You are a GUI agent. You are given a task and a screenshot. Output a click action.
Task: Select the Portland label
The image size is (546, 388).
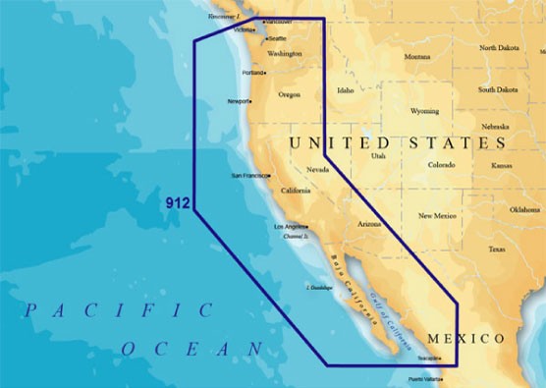(252, 73)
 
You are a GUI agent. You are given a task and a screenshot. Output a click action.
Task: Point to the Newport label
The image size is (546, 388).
(239, 101)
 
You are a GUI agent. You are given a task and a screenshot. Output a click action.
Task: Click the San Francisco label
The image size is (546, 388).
(248, 175)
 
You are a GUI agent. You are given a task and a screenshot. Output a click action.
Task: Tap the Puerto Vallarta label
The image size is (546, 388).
(426, 379)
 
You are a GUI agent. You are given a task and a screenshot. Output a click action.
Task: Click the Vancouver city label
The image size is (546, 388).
(280, 21)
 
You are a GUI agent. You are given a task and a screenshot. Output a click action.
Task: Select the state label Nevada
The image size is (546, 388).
(317, 170)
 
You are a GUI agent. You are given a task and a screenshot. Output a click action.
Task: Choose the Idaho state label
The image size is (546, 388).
(345, 90)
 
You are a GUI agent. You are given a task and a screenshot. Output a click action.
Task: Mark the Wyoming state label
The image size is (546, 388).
(424, 111)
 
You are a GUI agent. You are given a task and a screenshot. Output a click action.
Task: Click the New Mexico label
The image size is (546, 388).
(437, 215)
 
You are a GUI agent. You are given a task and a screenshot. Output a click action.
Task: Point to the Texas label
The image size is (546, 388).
(496, 249)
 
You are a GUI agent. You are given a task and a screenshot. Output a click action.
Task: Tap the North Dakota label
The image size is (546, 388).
(499, 47)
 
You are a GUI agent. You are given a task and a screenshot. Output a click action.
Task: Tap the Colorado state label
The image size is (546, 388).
(441, 165)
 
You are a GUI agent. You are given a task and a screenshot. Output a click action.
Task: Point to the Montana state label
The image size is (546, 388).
(416, 57)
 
